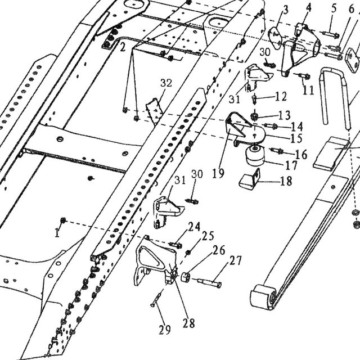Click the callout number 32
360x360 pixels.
point(166,83)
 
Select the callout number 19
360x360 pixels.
point(218,173)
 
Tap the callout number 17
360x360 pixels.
point(291,165)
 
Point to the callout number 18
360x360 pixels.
point(286,181)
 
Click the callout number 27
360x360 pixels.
point(235,261)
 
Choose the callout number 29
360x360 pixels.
point(165,330)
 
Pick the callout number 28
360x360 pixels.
point(189,323)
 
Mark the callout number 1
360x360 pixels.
point(57,233)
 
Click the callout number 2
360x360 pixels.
point(123,47)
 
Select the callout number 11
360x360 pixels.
point(308,90)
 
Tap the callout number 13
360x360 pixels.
point(285,115)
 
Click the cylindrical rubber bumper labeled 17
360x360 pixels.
point(255,156)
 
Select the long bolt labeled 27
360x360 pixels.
point(206,282)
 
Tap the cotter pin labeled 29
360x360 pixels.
point(157,298)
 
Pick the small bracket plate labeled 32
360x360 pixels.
point(154,111)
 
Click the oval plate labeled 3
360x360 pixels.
point(276,38)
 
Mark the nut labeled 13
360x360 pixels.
point(254,117)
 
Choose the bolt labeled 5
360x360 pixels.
point(331,34)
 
